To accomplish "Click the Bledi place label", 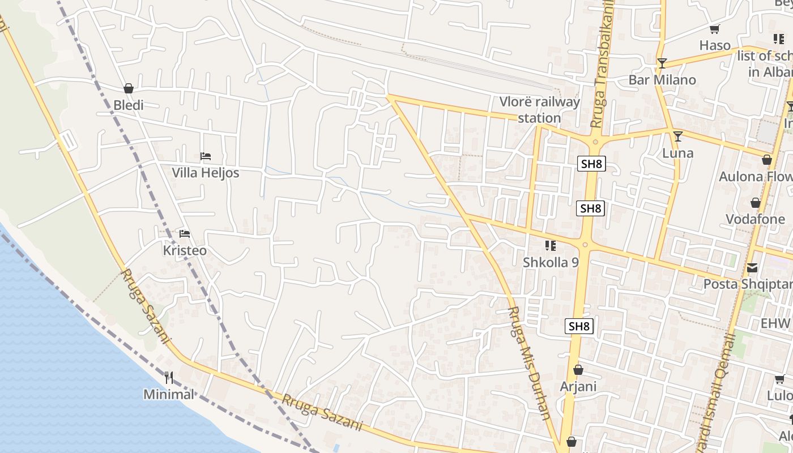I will (129, 105).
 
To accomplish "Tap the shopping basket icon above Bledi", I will (129, 88).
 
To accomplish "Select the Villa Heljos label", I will (206, 173).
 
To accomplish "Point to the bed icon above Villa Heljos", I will (206, 156).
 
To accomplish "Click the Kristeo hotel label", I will (185, 250).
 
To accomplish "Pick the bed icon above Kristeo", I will (185, 233).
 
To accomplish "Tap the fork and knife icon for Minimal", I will (168, 377).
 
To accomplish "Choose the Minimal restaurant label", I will (168, 394).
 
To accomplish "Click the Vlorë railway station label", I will (539, 110).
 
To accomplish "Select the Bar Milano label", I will (662, 80).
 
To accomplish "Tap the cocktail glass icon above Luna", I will (677, 136).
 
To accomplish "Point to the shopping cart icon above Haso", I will (714, 29).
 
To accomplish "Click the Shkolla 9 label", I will (551, 262).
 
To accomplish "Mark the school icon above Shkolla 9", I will (550, 246).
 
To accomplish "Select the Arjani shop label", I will (578, 387).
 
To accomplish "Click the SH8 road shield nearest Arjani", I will (579, 326).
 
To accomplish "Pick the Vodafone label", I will (755, 219).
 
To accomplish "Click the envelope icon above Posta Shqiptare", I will (752, 267).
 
